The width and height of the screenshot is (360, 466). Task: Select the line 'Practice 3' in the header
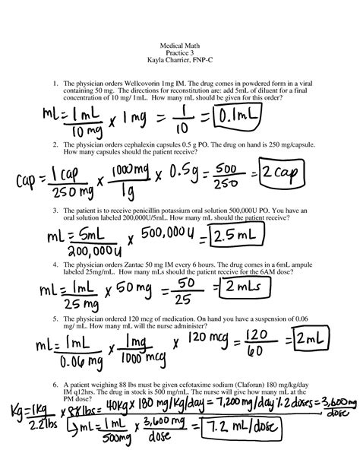click(x=179, y=54)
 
